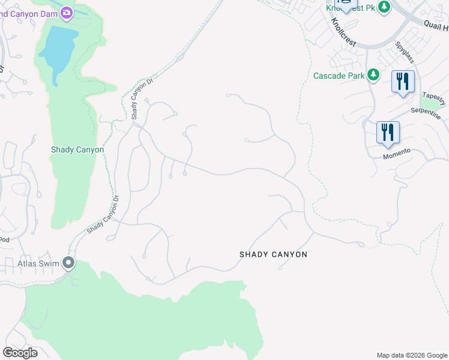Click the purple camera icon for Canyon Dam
(x=67, y=12)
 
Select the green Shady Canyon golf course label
(x=77, y=150)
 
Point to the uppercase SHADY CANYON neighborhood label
(x=273, y=254)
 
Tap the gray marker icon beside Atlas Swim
(x=68, y=263)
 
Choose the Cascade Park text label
(x=339, y=76)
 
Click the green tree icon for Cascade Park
(x=373, y=75)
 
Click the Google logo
(x=20, y=353)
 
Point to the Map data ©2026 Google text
(x=412, y=355)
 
